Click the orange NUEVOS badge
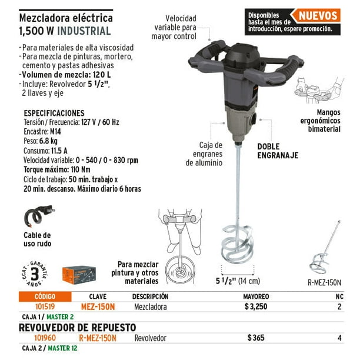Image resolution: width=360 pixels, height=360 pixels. point(316,16)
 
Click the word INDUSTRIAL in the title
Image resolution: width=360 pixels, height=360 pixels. point(84,31)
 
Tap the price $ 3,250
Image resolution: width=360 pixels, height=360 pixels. point(256,306)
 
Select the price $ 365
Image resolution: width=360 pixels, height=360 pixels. point(256,338)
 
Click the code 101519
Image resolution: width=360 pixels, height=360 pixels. point(45,306)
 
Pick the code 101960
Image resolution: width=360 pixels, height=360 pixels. point(45,338)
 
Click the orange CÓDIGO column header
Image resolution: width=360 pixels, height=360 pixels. point(45,296)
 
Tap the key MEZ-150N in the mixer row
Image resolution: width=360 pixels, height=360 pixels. point(98,306)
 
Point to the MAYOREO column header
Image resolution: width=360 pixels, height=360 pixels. point(256,296)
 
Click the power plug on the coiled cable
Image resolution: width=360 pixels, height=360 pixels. point(48,209)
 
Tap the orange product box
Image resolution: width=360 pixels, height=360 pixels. point(79,275)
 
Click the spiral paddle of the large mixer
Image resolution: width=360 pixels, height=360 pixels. point(238,245)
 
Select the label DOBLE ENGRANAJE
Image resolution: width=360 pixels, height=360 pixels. point(278,151)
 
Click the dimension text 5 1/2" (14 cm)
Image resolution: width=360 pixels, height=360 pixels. point(238,281)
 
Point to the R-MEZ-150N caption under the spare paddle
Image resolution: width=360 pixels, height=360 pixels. point(325,282)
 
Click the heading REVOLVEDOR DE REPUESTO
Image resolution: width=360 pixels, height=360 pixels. point(78,328)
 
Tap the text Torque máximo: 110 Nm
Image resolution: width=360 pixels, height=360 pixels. point(57,169)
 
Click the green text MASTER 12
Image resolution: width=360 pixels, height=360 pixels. point(62,348)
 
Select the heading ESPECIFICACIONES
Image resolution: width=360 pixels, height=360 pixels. point(54,113)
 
